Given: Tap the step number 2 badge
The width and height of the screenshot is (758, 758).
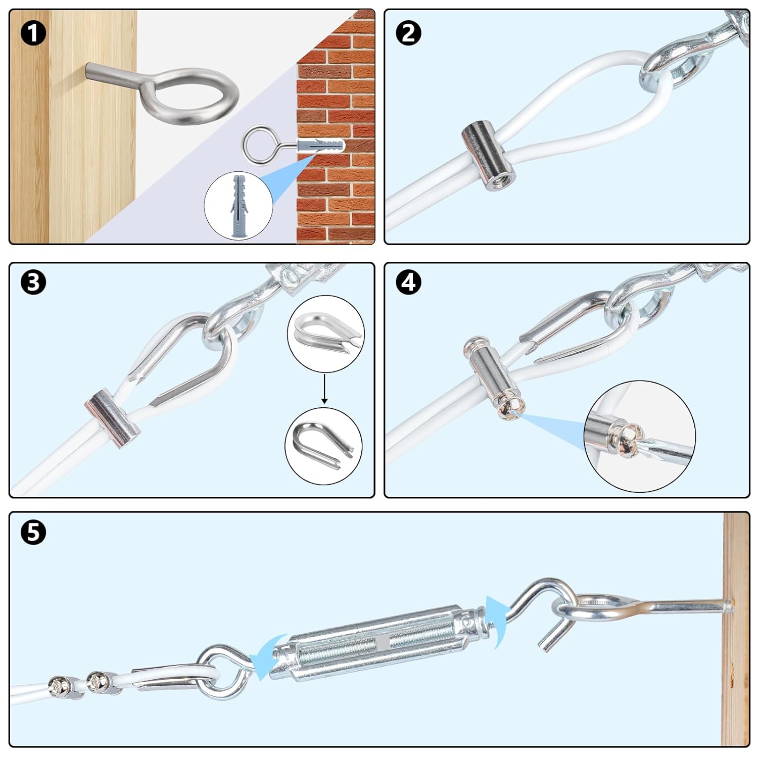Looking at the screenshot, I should coord(408,33).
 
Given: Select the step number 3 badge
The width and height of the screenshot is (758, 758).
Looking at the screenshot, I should coord(33,282).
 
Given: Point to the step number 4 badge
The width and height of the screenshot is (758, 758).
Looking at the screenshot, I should coord(408,282).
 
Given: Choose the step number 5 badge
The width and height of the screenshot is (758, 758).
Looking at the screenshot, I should coord(33,532).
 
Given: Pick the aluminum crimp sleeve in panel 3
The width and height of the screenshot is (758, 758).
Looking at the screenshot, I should coord(112,417).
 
